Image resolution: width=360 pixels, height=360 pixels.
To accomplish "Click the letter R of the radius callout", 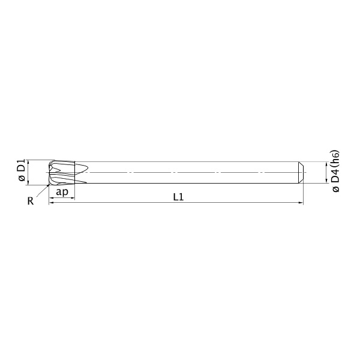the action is pyautogui.click(x=31, y=201).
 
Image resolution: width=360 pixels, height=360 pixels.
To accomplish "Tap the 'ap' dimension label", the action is pyautogui.click(x=62, y=191).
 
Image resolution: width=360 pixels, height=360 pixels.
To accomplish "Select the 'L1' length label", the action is pyautogui.click(x=178, y=197).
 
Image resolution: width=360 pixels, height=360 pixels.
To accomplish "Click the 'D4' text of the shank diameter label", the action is pyautogui.click(x=335, y=176).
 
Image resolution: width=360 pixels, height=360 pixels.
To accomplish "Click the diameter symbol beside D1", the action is pyautogui.click(x=22, y=178).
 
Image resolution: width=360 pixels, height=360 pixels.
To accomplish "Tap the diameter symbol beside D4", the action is pyautogui.click(x=335, y=189).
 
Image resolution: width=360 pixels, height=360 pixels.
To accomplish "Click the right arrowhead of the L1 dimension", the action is pyautogui.click(x=301, y=203).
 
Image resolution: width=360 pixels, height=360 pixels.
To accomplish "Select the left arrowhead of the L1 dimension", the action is pyautogui.click(x=52, y=203).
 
